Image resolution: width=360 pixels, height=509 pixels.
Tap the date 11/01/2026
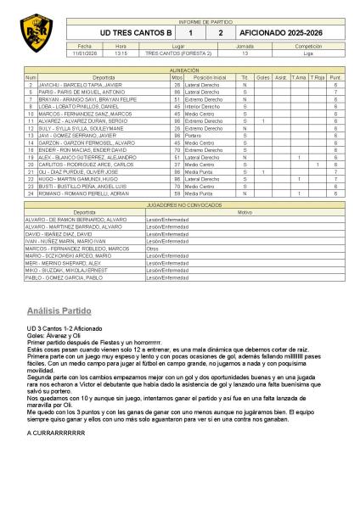84,52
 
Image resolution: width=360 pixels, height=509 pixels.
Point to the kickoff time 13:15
121,52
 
